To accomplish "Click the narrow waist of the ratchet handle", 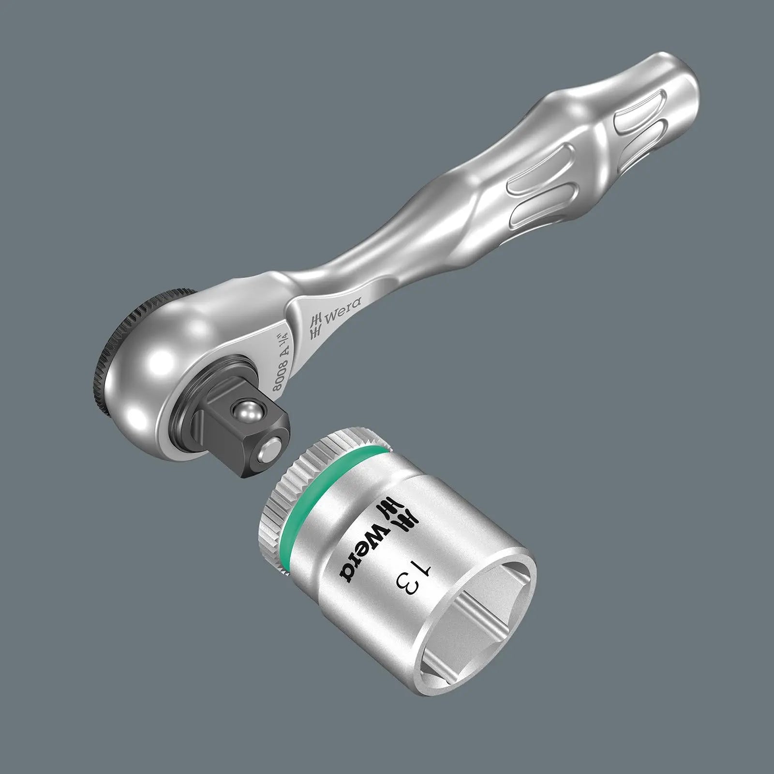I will (368, 261).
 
